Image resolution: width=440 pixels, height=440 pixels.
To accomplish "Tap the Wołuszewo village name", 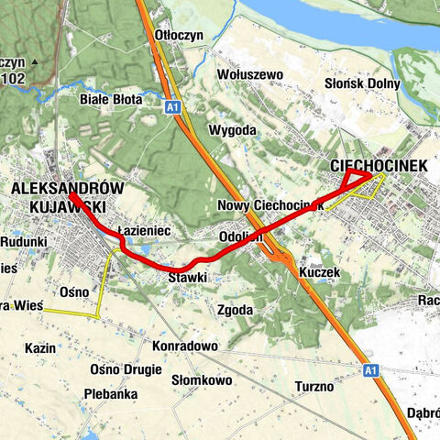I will (x=250, y=74).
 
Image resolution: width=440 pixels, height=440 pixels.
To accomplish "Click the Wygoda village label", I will (x=232, y=130).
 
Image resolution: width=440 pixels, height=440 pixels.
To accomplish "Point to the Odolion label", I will (x=241, y=236).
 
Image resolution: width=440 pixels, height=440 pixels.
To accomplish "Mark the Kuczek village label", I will (x=319, y=272).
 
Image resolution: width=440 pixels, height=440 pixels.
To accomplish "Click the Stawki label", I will (x=188, y=276).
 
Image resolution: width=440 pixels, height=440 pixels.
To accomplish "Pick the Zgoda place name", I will (x=235, y=310).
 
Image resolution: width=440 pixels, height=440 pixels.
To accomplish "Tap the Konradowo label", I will (x=186, y=346).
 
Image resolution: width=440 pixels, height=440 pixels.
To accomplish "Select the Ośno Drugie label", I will (x=126, y=368).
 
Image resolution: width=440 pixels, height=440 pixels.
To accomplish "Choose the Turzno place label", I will (x=314, y=386).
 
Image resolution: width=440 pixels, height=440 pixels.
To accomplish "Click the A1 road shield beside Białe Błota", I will (x=172, y=107).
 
